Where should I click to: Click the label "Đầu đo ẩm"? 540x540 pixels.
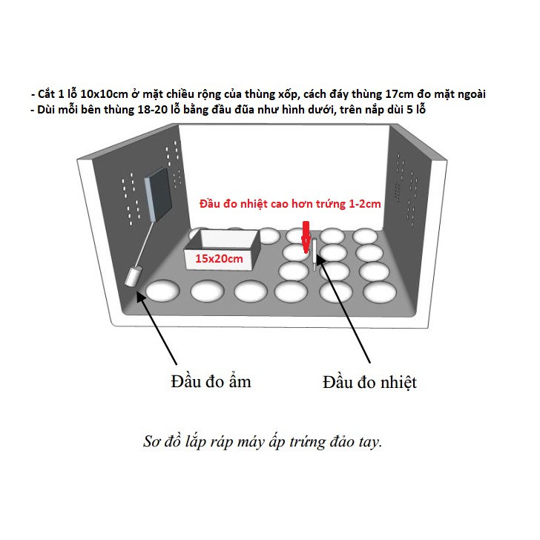click(x=211, y=381)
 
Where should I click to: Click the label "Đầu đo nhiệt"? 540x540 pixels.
click(x=370, y=382)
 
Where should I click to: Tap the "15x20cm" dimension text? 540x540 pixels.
click(x=220, y=260)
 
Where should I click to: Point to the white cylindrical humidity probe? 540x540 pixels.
click(x=134, y=277)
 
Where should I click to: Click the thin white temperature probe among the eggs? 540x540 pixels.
click(x=315, y=256)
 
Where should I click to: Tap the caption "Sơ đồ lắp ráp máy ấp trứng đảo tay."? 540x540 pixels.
click(x=263, y=442)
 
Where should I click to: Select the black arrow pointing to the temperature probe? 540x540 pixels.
click(x=348, y=311)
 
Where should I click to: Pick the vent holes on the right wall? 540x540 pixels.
click(x=407, y=189)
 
